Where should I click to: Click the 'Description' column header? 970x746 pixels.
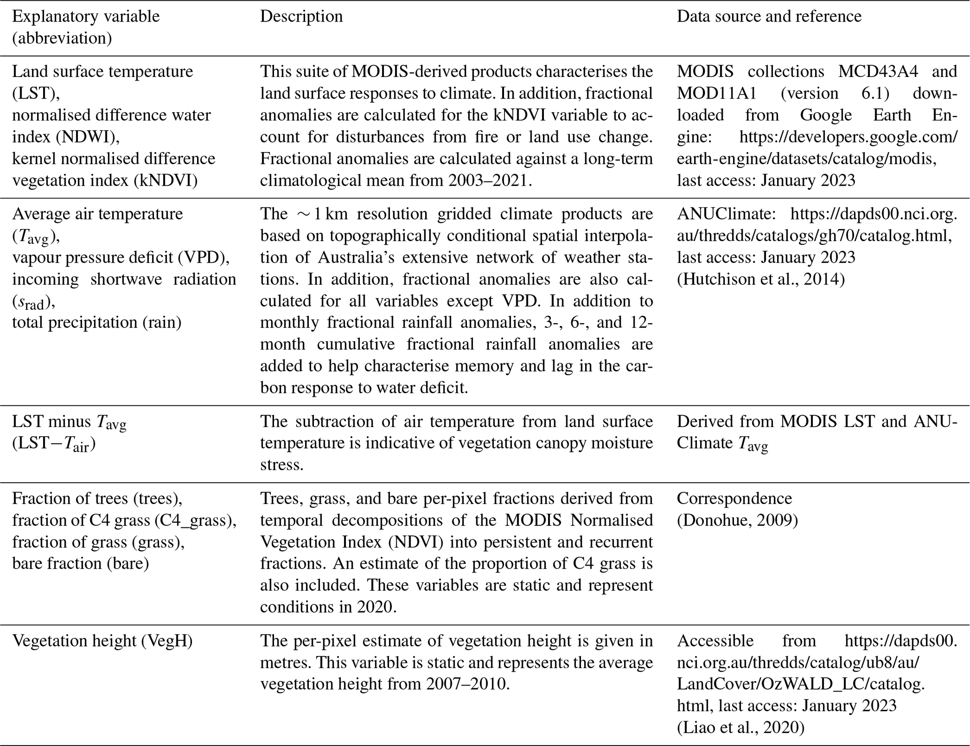(x=301, y=16)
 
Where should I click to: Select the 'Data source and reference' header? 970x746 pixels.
(x=769, y=16)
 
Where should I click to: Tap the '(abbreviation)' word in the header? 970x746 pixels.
(x=62, y=38)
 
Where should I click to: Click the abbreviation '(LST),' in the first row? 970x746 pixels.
(x=36, y=93)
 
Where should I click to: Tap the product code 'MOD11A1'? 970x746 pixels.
(x=716, y=93)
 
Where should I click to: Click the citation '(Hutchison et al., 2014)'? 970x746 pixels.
(x=761, y=279)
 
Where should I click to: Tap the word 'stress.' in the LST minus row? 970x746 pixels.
(x=282, y=465)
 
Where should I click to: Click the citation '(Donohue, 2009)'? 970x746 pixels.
(x=737, y=520)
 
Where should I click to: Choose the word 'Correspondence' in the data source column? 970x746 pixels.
(x=734, y=498)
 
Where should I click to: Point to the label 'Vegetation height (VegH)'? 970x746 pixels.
(x=102, y=641)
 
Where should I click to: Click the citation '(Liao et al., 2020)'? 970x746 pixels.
(x=740, y=728)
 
